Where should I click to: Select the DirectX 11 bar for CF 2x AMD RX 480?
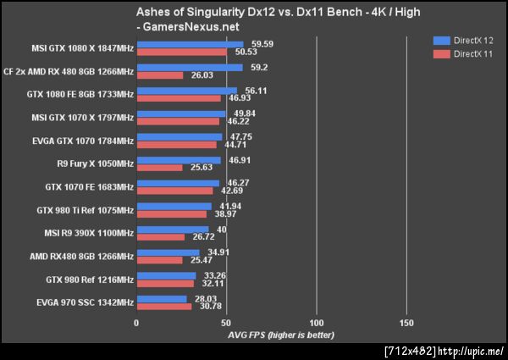[x=159, y=75]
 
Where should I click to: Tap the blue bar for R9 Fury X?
[x=178, y=159]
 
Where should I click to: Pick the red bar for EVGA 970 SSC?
[x=163, y=306]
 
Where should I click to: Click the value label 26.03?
[x=197, y=75]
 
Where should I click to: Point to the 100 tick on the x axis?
[x=317, y=323]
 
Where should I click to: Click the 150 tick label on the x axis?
[x=406, y=323]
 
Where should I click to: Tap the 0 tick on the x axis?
[x=136, y=323]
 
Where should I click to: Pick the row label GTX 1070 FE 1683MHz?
[x=89, y=186]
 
